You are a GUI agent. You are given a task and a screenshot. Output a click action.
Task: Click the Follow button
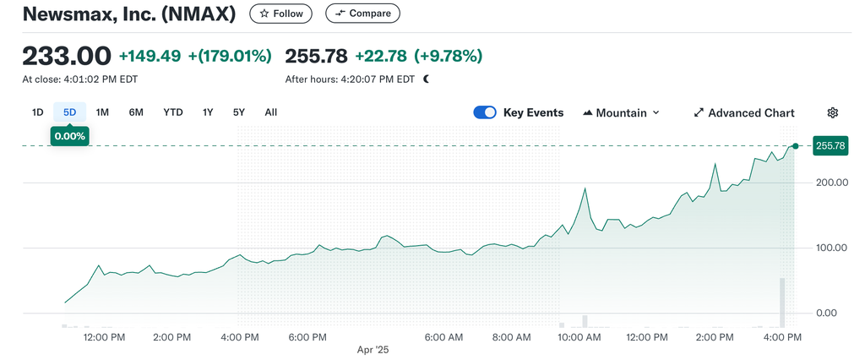[x=280, y=14]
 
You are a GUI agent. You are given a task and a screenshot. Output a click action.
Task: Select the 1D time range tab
[x=37, y=112]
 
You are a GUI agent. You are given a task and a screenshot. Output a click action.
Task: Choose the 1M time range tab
[x=102, y=112]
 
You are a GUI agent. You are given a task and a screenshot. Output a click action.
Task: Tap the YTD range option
[x=172, y=112]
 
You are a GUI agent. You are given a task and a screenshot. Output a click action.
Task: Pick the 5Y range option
[x=238, y=112]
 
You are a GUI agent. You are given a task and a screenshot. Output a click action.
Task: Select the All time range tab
[x=271, y=112]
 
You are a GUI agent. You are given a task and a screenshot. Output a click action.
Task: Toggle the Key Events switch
[x=485, y=112]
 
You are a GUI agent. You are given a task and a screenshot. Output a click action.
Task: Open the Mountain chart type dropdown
[x=621, y=112]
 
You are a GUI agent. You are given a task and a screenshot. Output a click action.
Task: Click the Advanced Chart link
[x=744, y=112]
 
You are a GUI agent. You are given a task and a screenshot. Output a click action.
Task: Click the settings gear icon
[x=832, y=112]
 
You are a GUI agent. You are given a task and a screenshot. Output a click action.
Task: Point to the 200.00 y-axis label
[x=831, y=183]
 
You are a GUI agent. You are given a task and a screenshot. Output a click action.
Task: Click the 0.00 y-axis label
[x=826, y=313]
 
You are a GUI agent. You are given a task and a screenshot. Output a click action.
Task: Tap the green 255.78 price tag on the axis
[x=831, y=145]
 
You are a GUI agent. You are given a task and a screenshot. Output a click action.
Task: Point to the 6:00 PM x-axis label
[x=308, y=337]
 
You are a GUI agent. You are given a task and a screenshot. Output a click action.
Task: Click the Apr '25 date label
[x=373, y=350]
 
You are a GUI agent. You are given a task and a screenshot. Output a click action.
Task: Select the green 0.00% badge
[x=69, y=136]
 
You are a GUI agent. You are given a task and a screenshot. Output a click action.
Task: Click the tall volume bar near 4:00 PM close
[x=781, y=303]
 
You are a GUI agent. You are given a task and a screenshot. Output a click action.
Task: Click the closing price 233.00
[x=67, y=56]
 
